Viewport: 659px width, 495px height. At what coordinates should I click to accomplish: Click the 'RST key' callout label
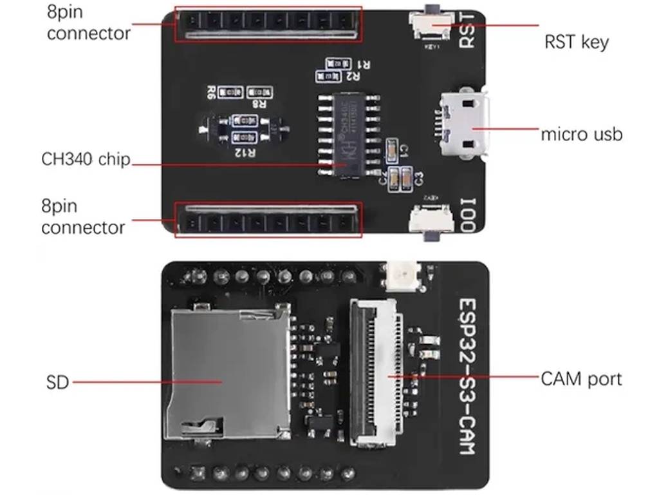(577, 43)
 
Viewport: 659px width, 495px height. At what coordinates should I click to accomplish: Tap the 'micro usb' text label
(581, 135)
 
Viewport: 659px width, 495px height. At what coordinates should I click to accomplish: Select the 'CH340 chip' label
(86, 159)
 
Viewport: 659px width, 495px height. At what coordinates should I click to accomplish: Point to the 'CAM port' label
(581, 379)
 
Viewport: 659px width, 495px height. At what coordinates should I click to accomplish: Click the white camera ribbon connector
(376, 374)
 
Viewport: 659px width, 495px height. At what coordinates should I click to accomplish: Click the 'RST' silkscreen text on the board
(468, 32)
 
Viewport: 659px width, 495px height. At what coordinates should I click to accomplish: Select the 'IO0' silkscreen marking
(468, 215)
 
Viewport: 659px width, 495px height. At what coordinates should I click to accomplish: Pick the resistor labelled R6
(229, 93)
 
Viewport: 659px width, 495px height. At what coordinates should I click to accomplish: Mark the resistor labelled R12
(245, 137)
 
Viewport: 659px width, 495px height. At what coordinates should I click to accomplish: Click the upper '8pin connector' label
(88, 23)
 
